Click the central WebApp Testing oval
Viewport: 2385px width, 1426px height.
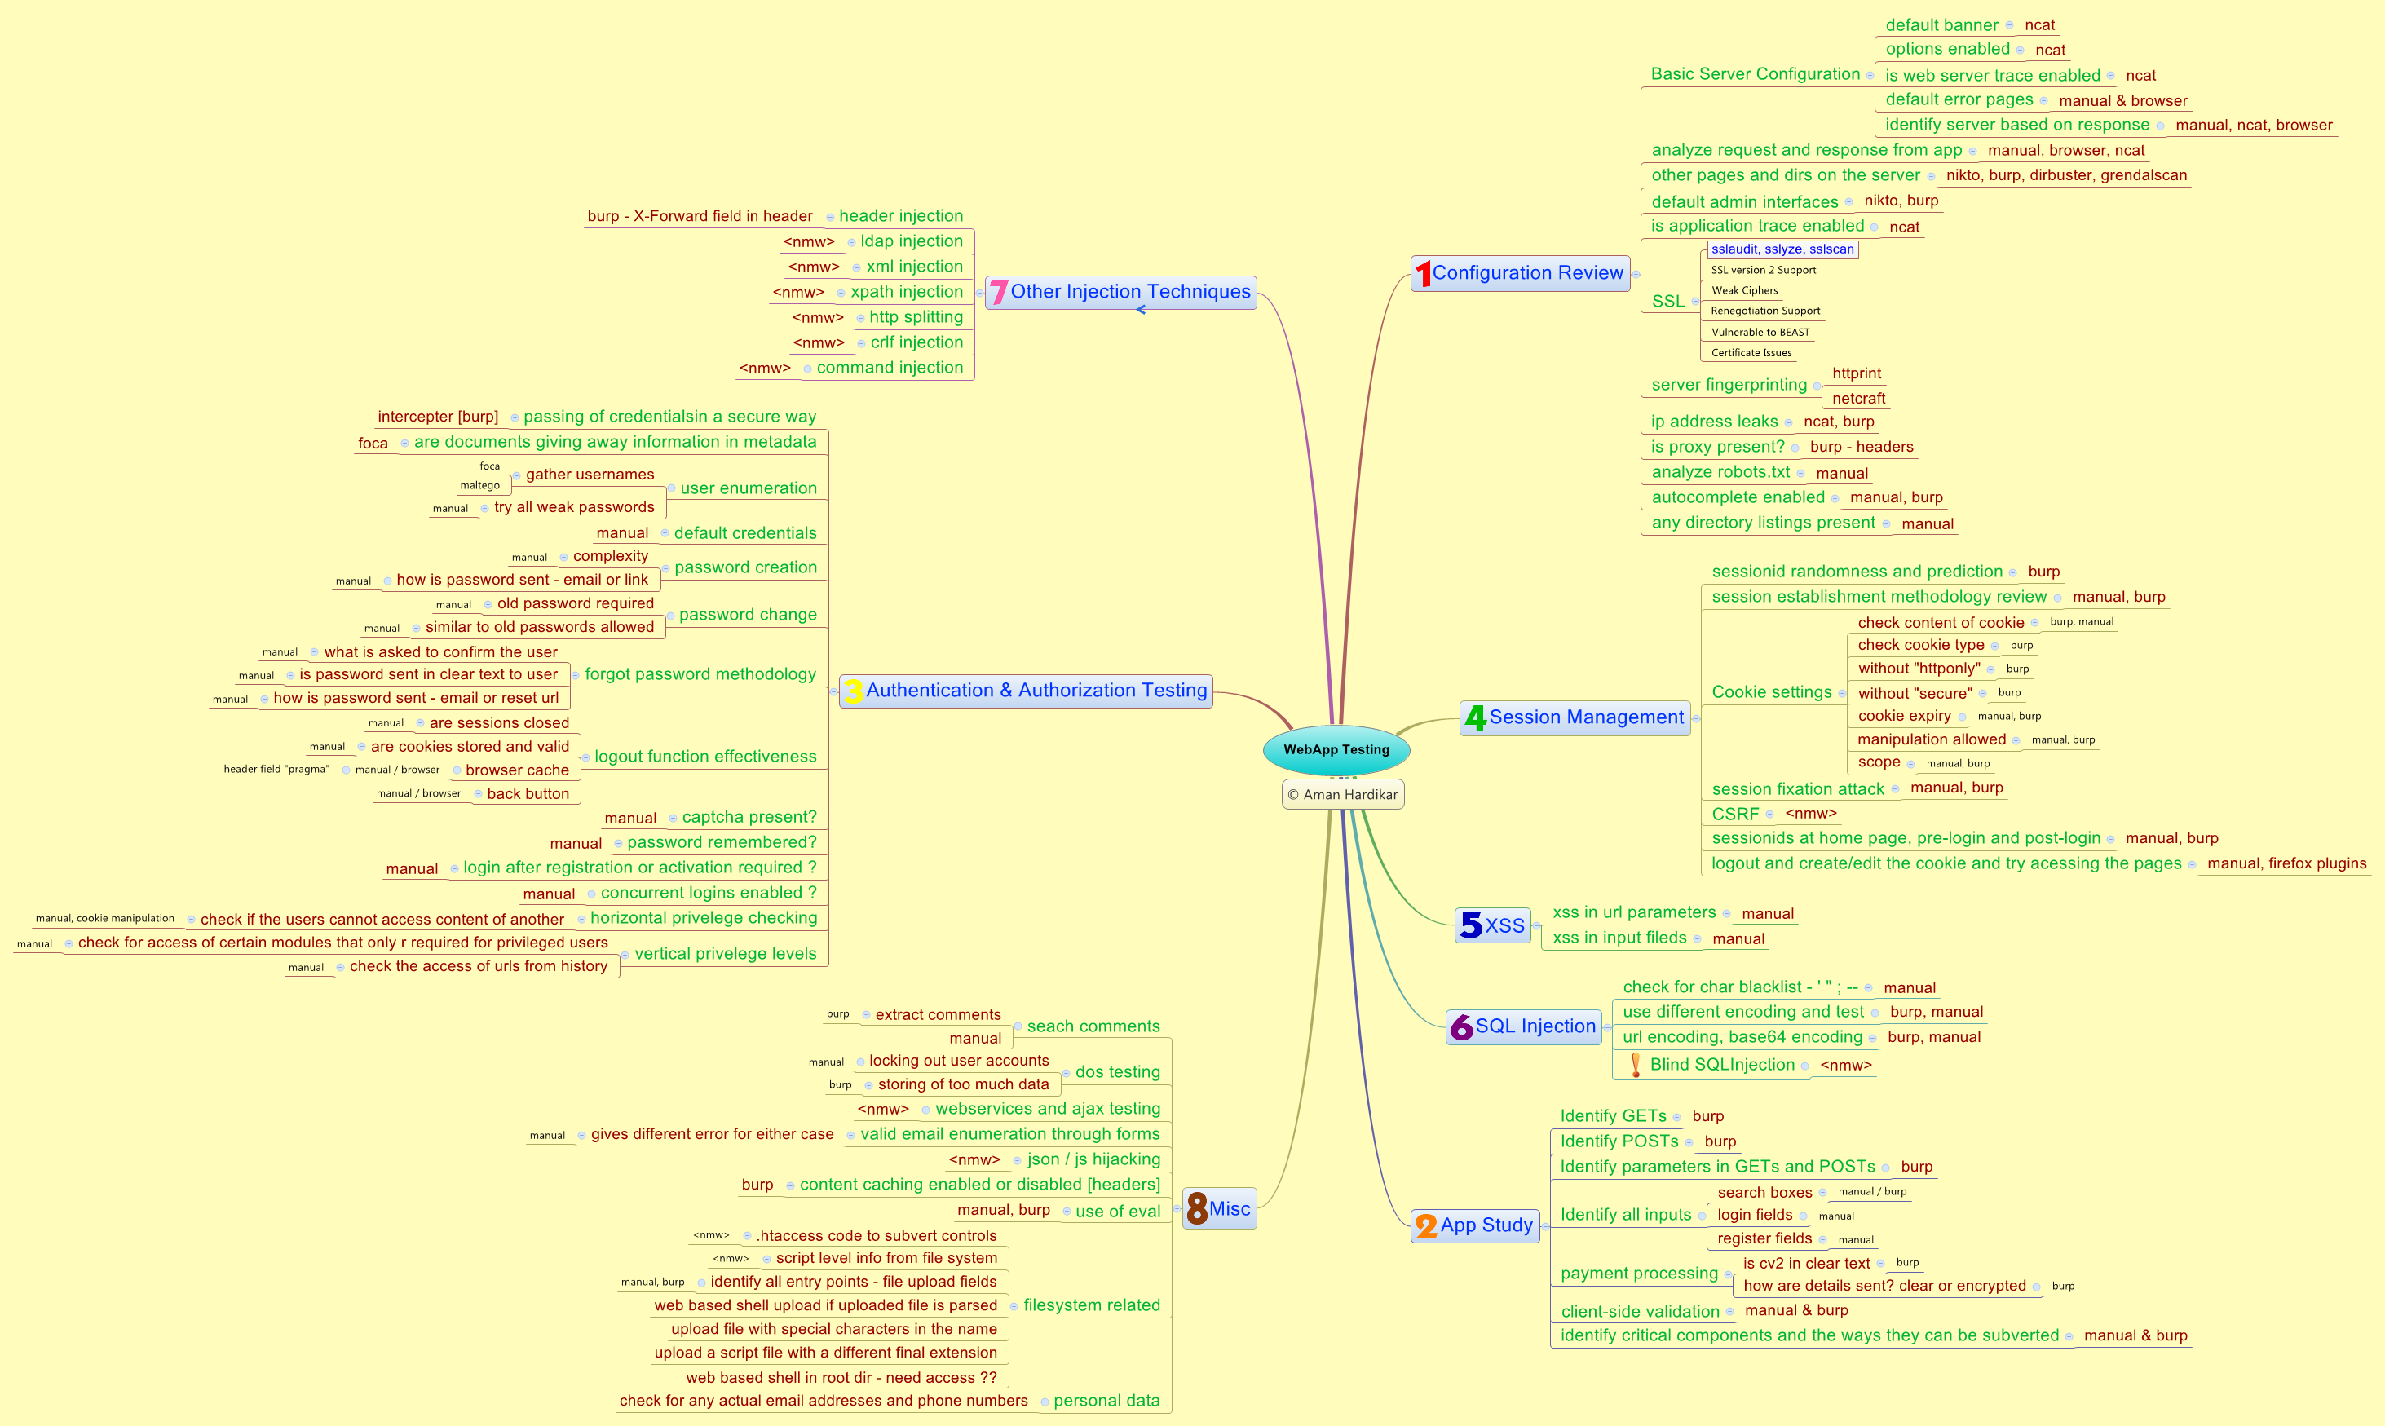(1336, 749)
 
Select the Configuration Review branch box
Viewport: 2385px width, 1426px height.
(1520, 274)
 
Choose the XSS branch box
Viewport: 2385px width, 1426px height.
(1492, 925)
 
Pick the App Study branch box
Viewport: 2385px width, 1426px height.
(1474, 1225)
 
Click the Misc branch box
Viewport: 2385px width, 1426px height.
(1218, 1209)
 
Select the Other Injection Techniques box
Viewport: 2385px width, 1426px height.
(1120, 292)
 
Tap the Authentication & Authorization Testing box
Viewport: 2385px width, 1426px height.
(1025, 691)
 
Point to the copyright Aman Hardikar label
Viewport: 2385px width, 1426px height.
(1342, 795)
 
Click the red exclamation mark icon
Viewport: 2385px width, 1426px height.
(1636, 1065)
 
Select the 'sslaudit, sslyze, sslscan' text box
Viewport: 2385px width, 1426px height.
(1782, 249)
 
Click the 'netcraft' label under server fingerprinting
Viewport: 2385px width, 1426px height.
(1858, 399)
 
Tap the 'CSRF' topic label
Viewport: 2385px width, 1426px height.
(1735, 814)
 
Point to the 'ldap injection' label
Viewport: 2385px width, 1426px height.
(911, 241)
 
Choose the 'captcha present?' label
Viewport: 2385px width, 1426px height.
(749, 818)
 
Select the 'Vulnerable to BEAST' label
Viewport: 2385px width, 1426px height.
(1760, 333)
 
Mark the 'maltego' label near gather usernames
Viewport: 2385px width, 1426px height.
(479, 485)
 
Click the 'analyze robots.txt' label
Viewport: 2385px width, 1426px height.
(1720, 472)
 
